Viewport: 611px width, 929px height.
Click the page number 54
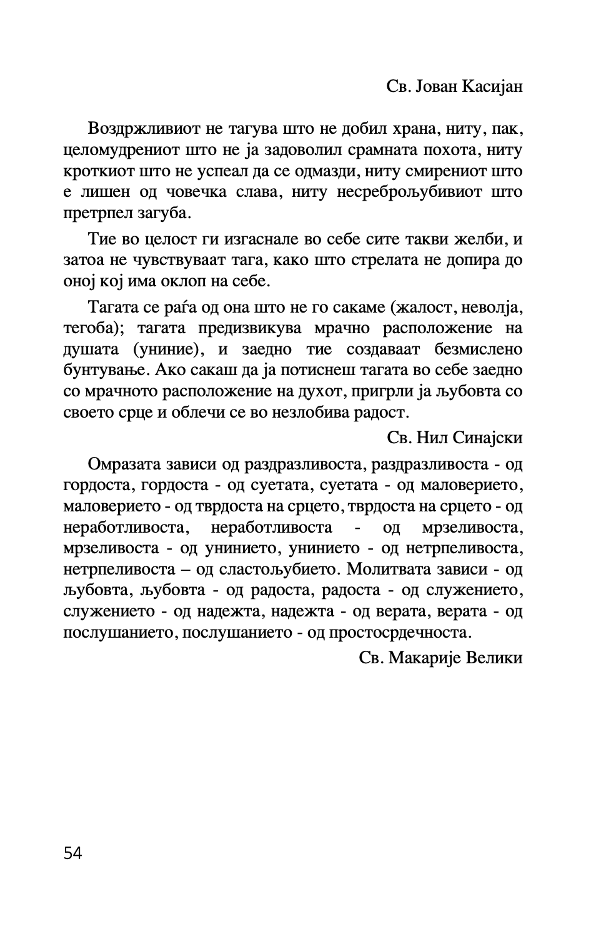tap(72, 853)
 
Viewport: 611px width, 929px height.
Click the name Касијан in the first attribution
tap(492, 86)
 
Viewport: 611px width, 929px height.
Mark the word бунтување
tap(105, 370)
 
